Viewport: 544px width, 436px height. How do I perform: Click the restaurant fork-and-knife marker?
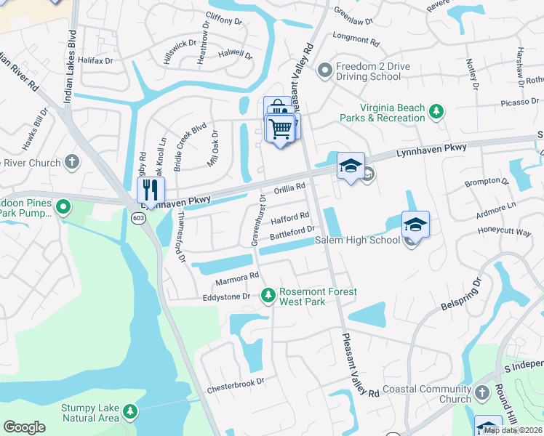150,190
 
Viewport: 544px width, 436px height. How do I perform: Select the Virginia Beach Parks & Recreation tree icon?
436,111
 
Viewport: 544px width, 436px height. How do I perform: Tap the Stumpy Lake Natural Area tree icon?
130,412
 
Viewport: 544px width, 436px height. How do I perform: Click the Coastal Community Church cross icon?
482,395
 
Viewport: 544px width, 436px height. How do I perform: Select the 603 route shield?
138,217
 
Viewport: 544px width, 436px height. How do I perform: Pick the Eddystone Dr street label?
226,296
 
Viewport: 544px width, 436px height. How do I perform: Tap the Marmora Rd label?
237,278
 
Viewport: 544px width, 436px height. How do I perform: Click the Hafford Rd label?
290,217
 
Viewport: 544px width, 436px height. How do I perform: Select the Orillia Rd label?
289,190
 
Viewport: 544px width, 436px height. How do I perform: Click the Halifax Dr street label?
96,61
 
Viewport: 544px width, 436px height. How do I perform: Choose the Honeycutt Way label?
504,233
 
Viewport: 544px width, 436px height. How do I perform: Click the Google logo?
24,427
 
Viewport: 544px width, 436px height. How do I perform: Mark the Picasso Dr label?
519,102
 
